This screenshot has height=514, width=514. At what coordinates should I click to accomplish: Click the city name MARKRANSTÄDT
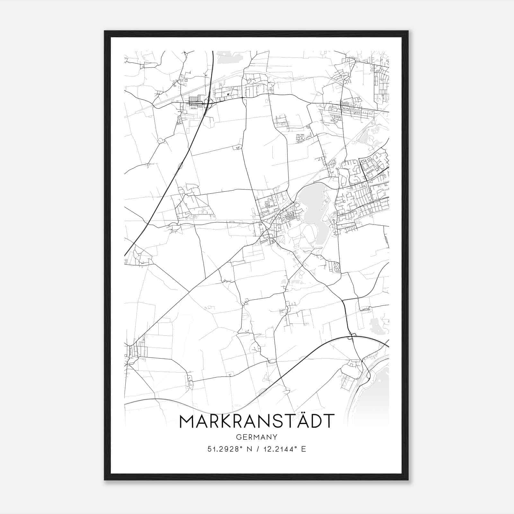257,421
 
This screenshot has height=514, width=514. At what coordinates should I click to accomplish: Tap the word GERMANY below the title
257,437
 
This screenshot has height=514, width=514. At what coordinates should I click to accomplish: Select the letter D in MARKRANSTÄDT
314,421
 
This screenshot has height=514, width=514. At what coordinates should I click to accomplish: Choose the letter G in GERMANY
238,437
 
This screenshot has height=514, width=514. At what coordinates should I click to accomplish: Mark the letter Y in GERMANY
275,437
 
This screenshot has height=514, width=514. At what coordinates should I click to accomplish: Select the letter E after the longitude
304,449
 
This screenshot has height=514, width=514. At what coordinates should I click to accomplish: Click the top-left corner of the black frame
104,31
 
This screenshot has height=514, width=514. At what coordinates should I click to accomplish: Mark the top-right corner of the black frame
408,31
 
